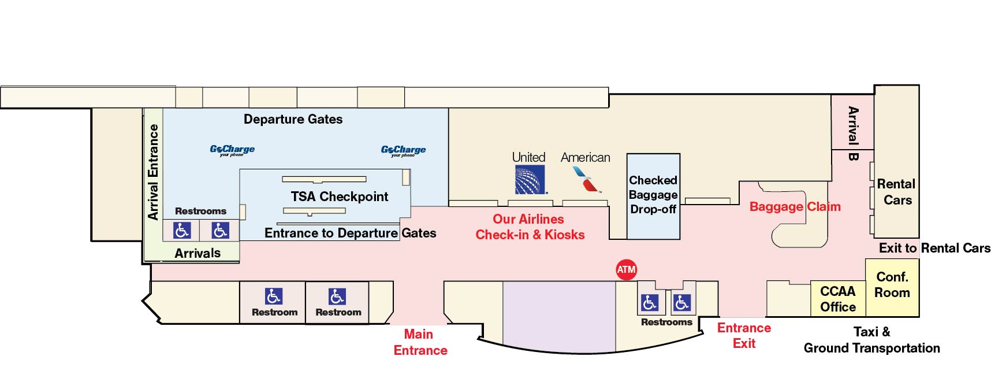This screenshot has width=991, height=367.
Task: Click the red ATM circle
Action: coord(626,269)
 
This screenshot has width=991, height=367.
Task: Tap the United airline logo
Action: coord(530,180)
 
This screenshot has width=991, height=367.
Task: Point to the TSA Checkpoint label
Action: coord(339,197)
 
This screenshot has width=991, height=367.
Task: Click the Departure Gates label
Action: coord(293,120)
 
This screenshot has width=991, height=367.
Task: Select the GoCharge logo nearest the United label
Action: coord(403,150)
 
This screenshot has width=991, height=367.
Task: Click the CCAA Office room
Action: coord(837,299)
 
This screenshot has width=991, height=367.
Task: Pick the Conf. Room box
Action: coord(892,285)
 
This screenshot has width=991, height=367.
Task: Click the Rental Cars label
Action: coord(896,192)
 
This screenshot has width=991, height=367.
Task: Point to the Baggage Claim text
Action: coord(795,207)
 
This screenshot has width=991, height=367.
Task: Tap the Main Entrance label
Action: coord(420,342)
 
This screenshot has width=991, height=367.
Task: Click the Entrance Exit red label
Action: coord(744,335)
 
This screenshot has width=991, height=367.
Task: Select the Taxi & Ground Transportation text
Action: coord(871,340)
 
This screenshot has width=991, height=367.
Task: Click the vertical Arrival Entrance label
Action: coord(153,172)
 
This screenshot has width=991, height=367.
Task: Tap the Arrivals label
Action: coord(198,253)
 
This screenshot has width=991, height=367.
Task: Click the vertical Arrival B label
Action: coord(853,134)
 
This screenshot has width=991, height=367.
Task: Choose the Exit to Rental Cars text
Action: coord(934,249)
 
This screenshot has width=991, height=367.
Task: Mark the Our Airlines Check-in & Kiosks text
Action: coord(530,227)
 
